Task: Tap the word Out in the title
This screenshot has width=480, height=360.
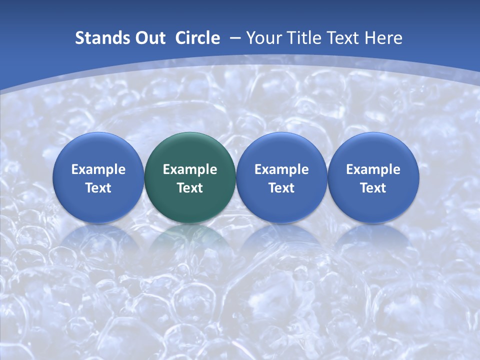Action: (x=149, y=38)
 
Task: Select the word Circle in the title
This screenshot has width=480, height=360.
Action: (x=197, y=38)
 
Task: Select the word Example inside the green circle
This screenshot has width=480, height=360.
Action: (x=190, y=169)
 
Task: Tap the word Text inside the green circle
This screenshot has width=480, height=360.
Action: (x=190, y=188)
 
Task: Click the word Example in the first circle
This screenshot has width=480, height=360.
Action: (x=98, y=169)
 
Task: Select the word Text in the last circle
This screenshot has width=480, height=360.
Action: (x=373, y=188)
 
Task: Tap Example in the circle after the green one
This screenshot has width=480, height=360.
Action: (x=281, y=169)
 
